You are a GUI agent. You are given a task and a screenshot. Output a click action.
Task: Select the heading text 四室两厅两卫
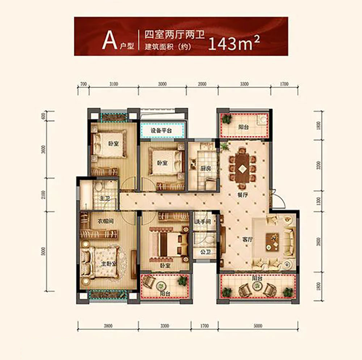(x=174, y=35)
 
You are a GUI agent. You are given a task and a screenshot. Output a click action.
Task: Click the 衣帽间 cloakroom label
(x=104, y=221)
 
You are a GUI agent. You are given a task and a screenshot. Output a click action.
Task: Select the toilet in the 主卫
(x=98, y=188)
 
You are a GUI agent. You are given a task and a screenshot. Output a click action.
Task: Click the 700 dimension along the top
(x=83, y=84)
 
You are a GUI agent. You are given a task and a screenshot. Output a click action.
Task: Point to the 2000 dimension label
(x=202, y=84)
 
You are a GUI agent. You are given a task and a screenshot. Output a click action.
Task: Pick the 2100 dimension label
(x=44, y=194)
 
